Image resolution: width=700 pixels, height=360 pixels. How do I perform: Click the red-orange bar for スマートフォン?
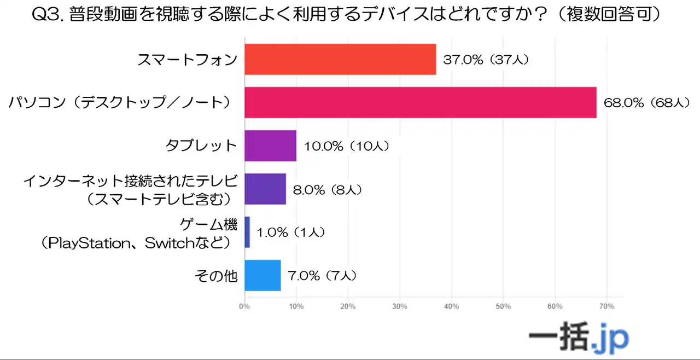[340, 59]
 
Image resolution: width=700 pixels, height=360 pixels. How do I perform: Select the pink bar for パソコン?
[420, 102]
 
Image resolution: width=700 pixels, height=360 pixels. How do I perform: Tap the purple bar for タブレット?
[270, 146]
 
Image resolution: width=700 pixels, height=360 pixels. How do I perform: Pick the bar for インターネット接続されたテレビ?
[265, 189]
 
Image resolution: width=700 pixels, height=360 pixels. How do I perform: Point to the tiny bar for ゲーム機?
[247, 232]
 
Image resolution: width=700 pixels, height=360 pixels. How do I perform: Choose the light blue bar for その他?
[262, 275]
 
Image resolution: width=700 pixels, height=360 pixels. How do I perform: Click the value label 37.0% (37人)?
[486, 60]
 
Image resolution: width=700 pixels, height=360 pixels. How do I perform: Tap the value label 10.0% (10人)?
[346, 146]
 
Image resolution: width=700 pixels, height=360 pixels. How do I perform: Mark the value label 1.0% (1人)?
[291, 233]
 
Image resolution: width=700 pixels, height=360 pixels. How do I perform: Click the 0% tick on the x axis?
[244, 306]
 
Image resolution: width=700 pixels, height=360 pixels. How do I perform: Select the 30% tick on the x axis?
[400, 306]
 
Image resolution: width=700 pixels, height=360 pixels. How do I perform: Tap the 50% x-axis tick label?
[503, 306]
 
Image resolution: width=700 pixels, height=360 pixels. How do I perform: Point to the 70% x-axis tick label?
[606, 306]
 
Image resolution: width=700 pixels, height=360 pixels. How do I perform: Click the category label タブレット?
[201, 146]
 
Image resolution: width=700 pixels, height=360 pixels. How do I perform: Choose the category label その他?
[216, 276]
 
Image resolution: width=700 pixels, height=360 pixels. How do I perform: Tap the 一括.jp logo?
[579, 338]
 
